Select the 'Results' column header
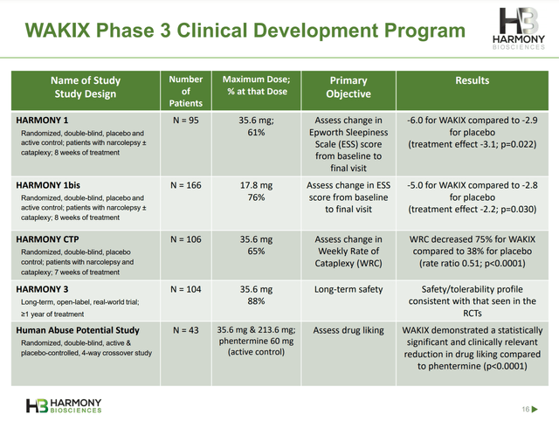coord(472,80)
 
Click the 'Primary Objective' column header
coord(348,86)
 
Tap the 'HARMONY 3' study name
coord(47,287)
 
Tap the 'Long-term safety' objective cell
coord(348,287)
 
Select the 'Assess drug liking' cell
coord(348,330)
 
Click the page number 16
coord(526,409)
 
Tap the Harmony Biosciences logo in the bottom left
coord(64,405)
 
